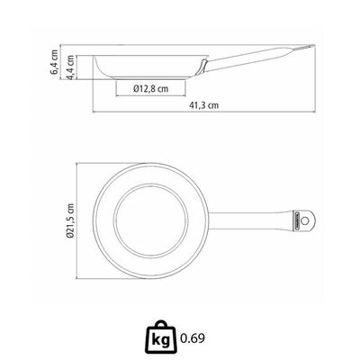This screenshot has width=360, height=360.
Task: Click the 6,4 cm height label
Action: [x=54, y=62]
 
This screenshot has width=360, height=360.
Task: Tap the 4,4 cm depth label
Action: [x=70, y=67]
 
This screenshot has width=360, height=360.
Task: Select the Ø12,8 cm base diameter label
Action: [x=151, y=88]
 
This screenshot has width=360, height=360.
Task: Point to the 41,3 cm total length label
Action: [x=204, y=105]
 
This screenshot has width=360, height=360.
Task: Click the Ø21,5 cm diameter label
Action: [x=70, y=220]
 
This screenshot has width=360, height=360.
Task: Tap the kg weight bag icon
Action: [x=161, y=337]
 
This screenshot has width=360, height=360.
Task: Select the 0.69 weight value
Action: [x=193, y=338]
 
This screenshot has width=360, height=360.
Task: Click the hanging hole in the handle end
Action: [x=305, y=221]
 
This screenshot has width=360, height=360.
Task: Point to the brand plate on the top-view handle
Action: [x=295, y=221]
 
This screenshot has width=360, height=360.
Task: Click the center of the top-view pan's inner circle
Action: [x=151, y=221]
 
